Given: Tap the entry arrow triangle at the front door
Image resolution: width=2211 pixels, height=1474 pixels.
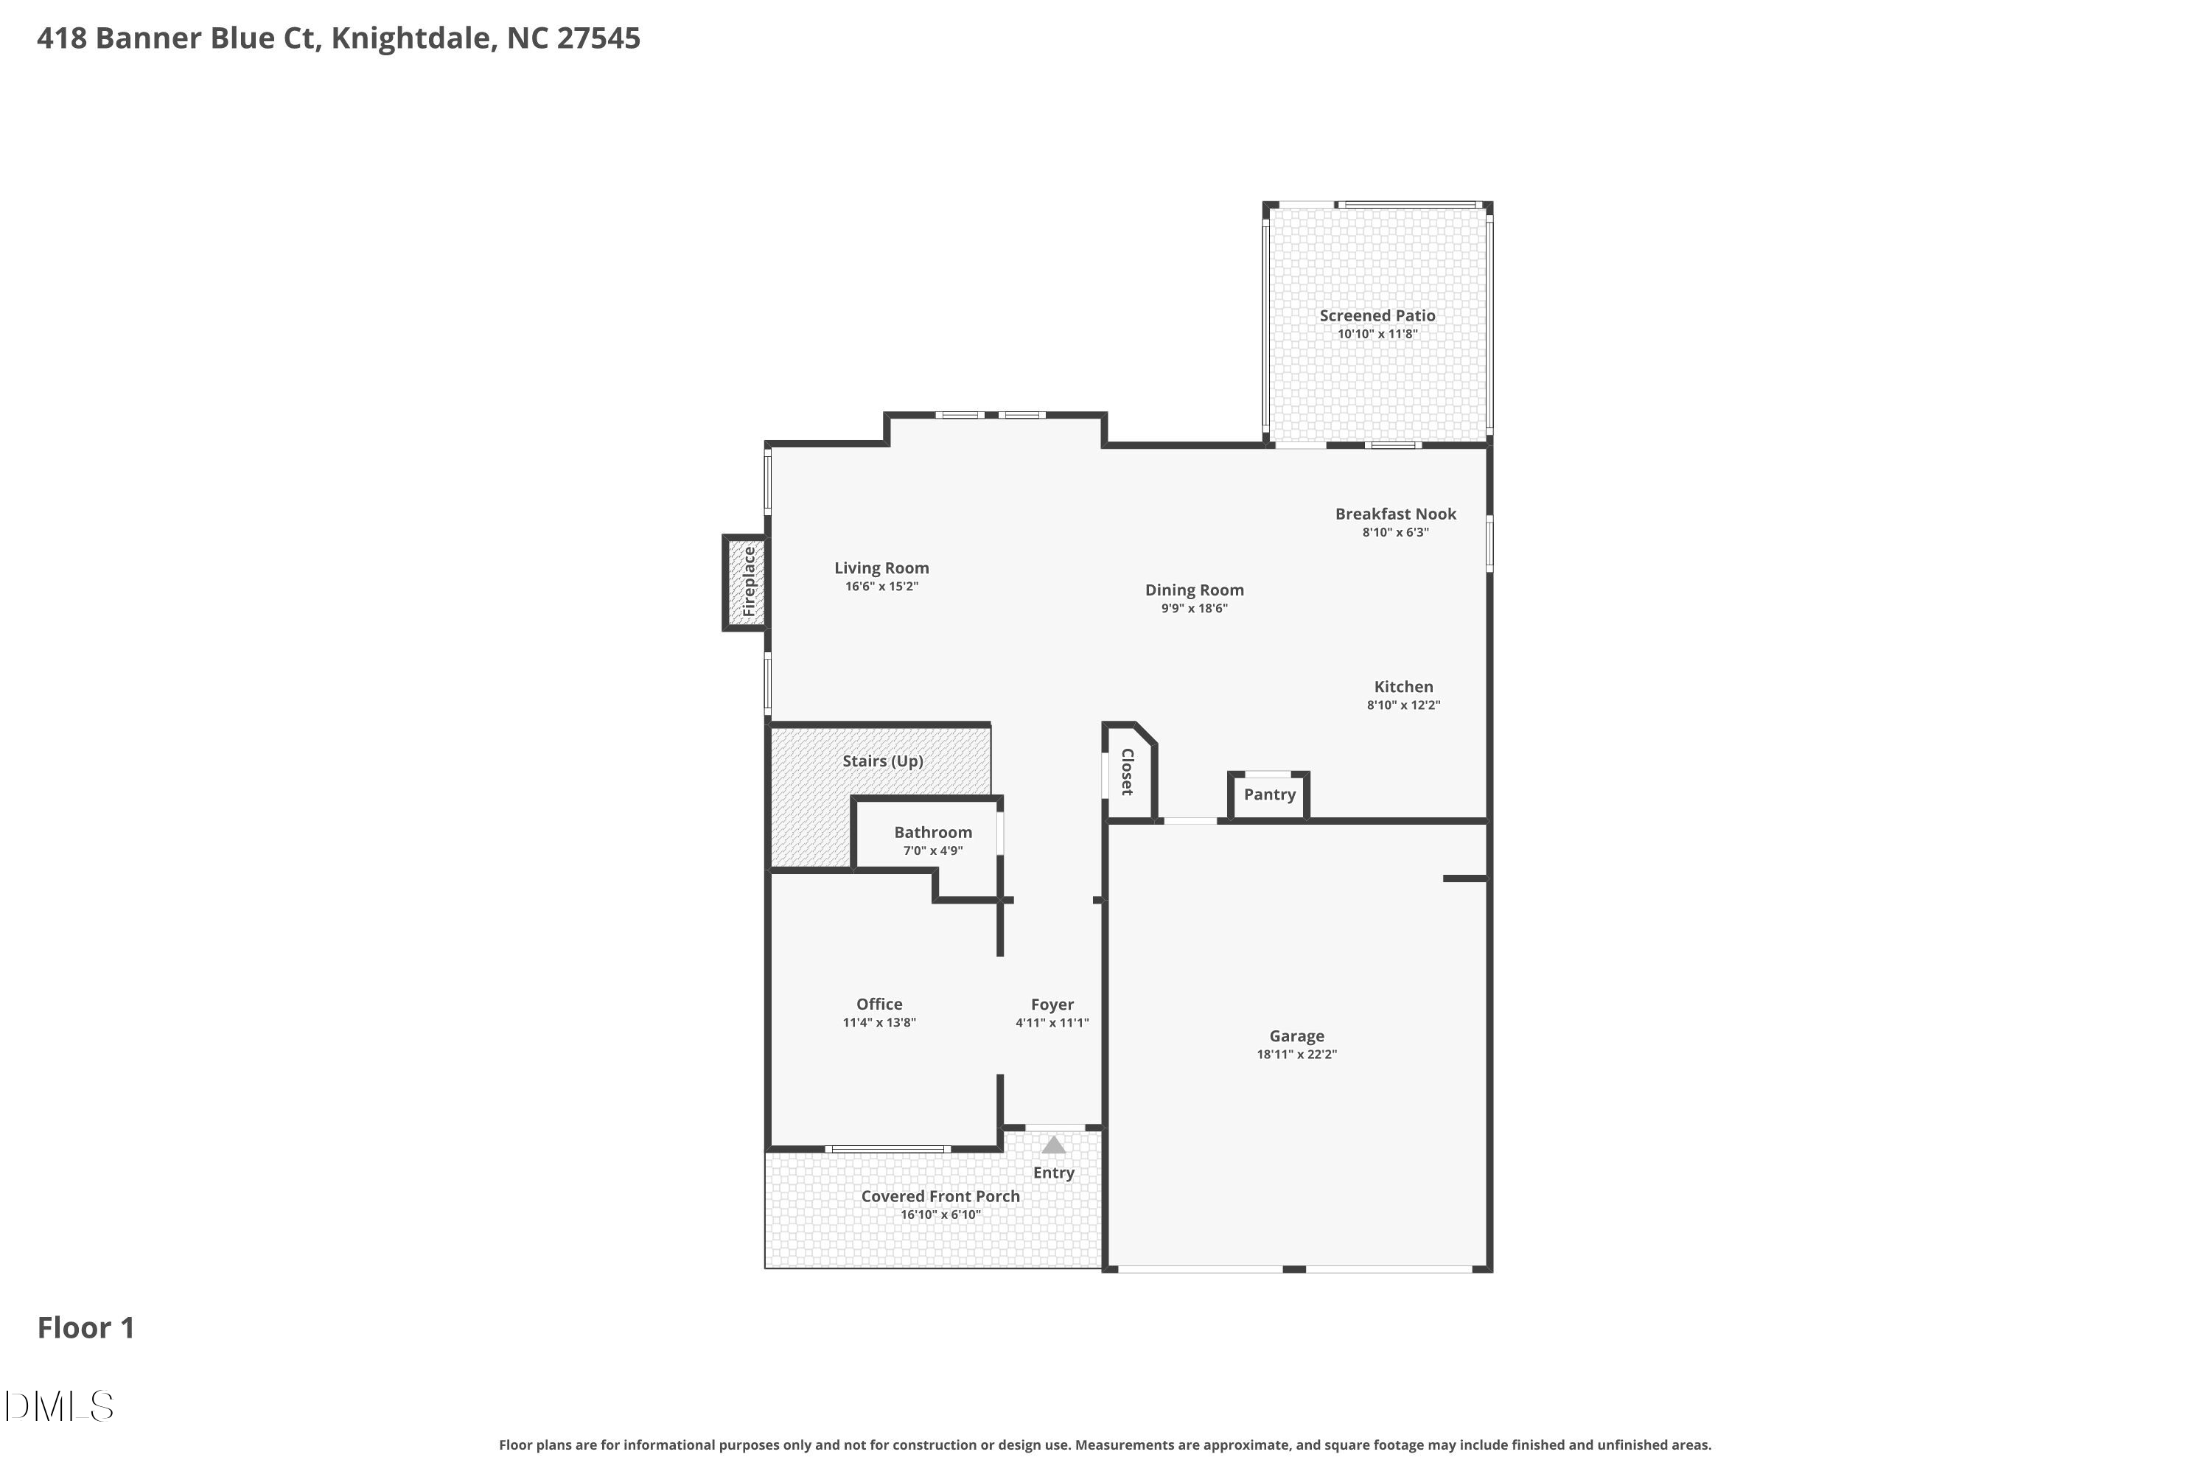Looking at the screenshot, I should pyautogui.click(x=1054, y=1145).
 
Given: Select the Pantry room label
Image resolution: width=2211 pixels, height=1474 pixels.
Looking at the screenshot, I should pyautogui.click(x=1269, y=794).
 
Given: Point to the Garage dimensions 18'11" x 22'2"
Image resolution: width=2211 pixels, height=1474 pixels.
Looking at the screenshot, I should pyautogui.click(x=1296, y=1055).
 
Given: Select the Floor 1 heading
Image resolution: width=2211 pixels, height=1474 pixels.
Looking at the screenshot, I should pyautogui.click(x=85, y=1327).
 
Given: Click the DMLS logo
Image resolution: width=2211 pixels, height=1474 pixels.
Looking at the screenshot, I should pyautogui.click(x=59, y=1406).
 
